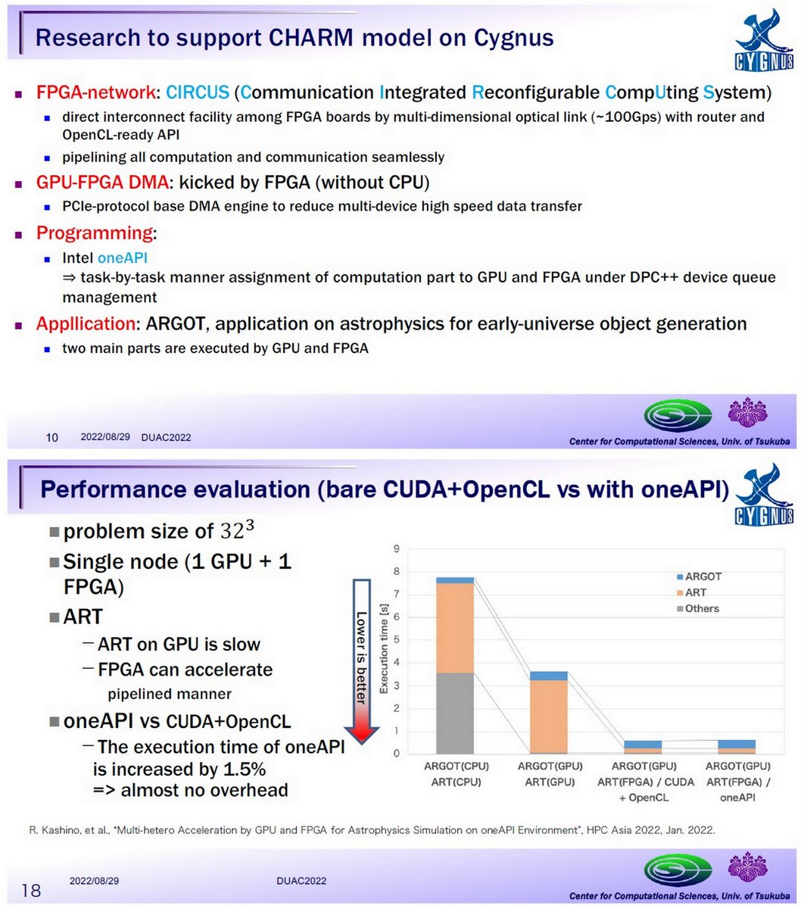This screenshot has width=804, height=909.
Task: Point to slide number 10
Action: [53, 437]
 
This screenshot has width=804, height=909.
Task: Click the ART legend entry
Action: [695, 592]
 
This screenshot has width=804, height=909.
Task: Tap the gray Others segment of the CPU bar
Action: [455, 713]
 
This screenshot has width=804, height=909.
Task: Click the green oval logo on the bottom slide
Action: [678, 867]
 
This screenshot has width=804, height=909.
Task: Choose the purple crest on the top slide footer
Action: [749, 413]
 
